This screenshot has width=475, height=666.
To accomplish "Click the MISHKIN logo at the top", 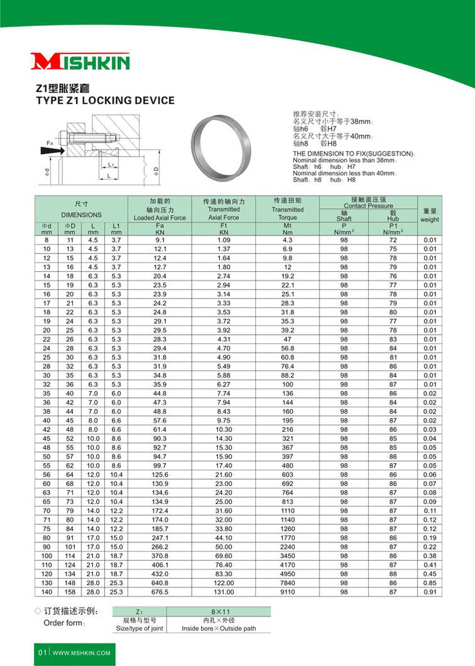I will click(81, 62).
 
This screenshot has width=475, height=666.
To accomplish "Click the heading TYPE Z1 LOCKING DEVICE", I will click(104, 101).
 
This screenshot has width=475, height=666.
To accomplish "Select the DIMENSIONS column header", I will click(81, 215).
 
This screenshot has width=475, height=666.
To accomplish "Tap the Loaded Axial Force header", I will click(159, 218).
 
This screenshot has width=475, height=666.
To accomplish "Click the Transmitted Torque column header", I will click(288, 213).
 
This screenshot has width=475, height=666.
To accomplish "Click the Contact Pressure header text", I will click(368, 206).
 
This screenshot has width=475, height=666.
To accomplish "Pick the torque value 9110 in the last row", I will click(288, 592).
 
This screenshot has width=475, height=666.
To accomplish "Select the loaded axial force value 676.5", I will click(159, 592).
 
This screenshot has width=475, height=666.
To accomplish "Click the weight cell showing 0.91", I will click(429, 592).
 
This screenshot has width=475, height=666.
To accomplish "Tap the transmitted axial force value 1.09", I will click(223, 241).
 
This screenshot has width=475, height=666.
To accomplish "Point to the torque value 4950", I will click(288, 574).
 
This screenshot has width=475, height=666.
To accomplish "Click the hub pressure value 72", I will click(393, 241).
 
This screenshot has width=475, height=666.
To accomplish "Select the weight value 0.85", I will click(429, 583).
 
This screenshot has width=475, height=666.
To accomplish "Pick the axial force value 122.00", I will click(223, 583).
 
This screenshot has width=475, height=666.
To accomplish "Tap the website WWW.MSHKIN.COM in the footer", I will click(81, 652).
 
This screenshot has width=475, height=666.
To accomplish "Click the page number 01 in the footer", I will click(41, 652).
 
